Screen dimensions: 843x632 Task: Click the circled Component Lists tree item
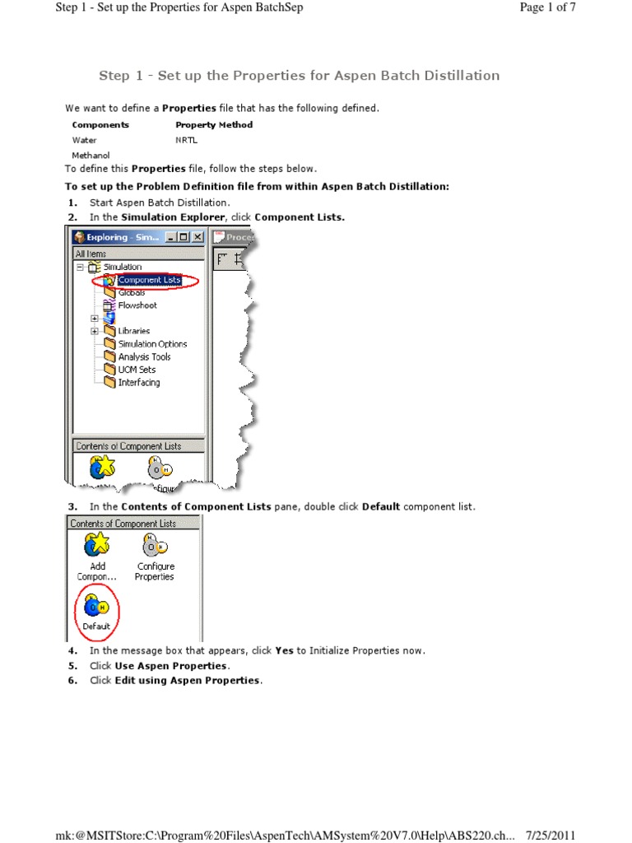(148, 280)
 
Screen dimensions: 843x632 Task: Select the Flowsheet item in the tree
(137, 305)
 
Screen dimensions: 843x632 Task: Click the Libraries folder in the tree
(133, 331)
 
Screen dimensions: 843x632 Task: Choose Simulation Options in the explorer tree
(151, 344)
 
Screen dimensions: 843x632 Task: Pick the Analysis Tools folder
(144, 357)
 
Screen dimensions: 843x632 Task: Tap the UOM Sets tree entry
(136, 370)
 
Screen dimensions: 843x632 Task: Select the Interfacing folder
(138, 383)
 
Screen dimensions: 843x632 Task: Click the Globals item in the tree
(131, 293)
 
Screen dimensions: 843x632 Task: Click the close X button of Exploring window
(197, 237)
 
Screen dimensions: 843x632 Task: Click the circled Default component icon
(95, 608)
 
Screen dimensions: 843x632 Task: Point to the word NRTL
(186, 140)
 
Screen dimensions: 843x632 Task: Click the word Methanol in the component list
(91, 155)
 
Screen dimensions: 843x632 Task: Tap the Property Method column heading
(214, 125)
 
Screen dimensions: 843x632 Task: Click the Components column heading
(100, 125)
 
